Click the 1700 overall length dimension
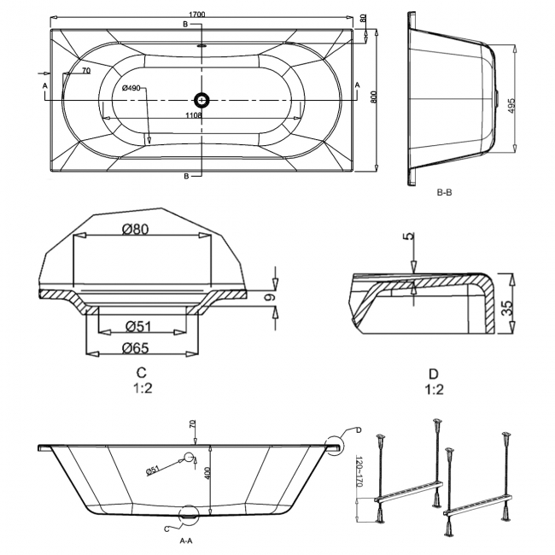point(197,15)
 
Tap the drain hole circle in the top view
point(202,100)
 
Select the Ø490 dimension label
point(131,88)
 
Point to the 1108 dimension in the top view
point(194,115)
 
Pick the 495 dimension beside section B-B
point(511,105)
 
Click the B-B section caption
point(444,193)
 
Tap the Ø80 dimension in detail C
point(135,230)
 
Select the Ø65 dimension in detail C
point(135,348)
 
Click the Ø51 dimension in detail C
point(138,326)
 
